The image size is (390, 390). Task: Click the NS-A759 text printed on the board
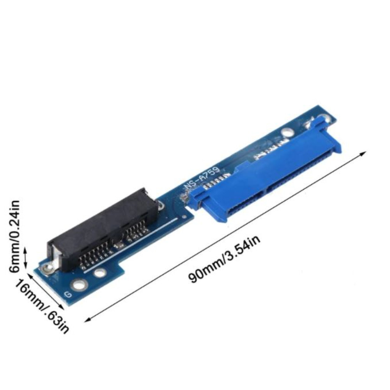click(x=202, y=179)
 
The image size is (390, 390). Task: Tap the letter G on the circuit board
click(x=68, y=295)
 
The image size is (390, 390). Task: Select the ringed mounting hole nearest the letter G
click(x=79, y=285)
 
